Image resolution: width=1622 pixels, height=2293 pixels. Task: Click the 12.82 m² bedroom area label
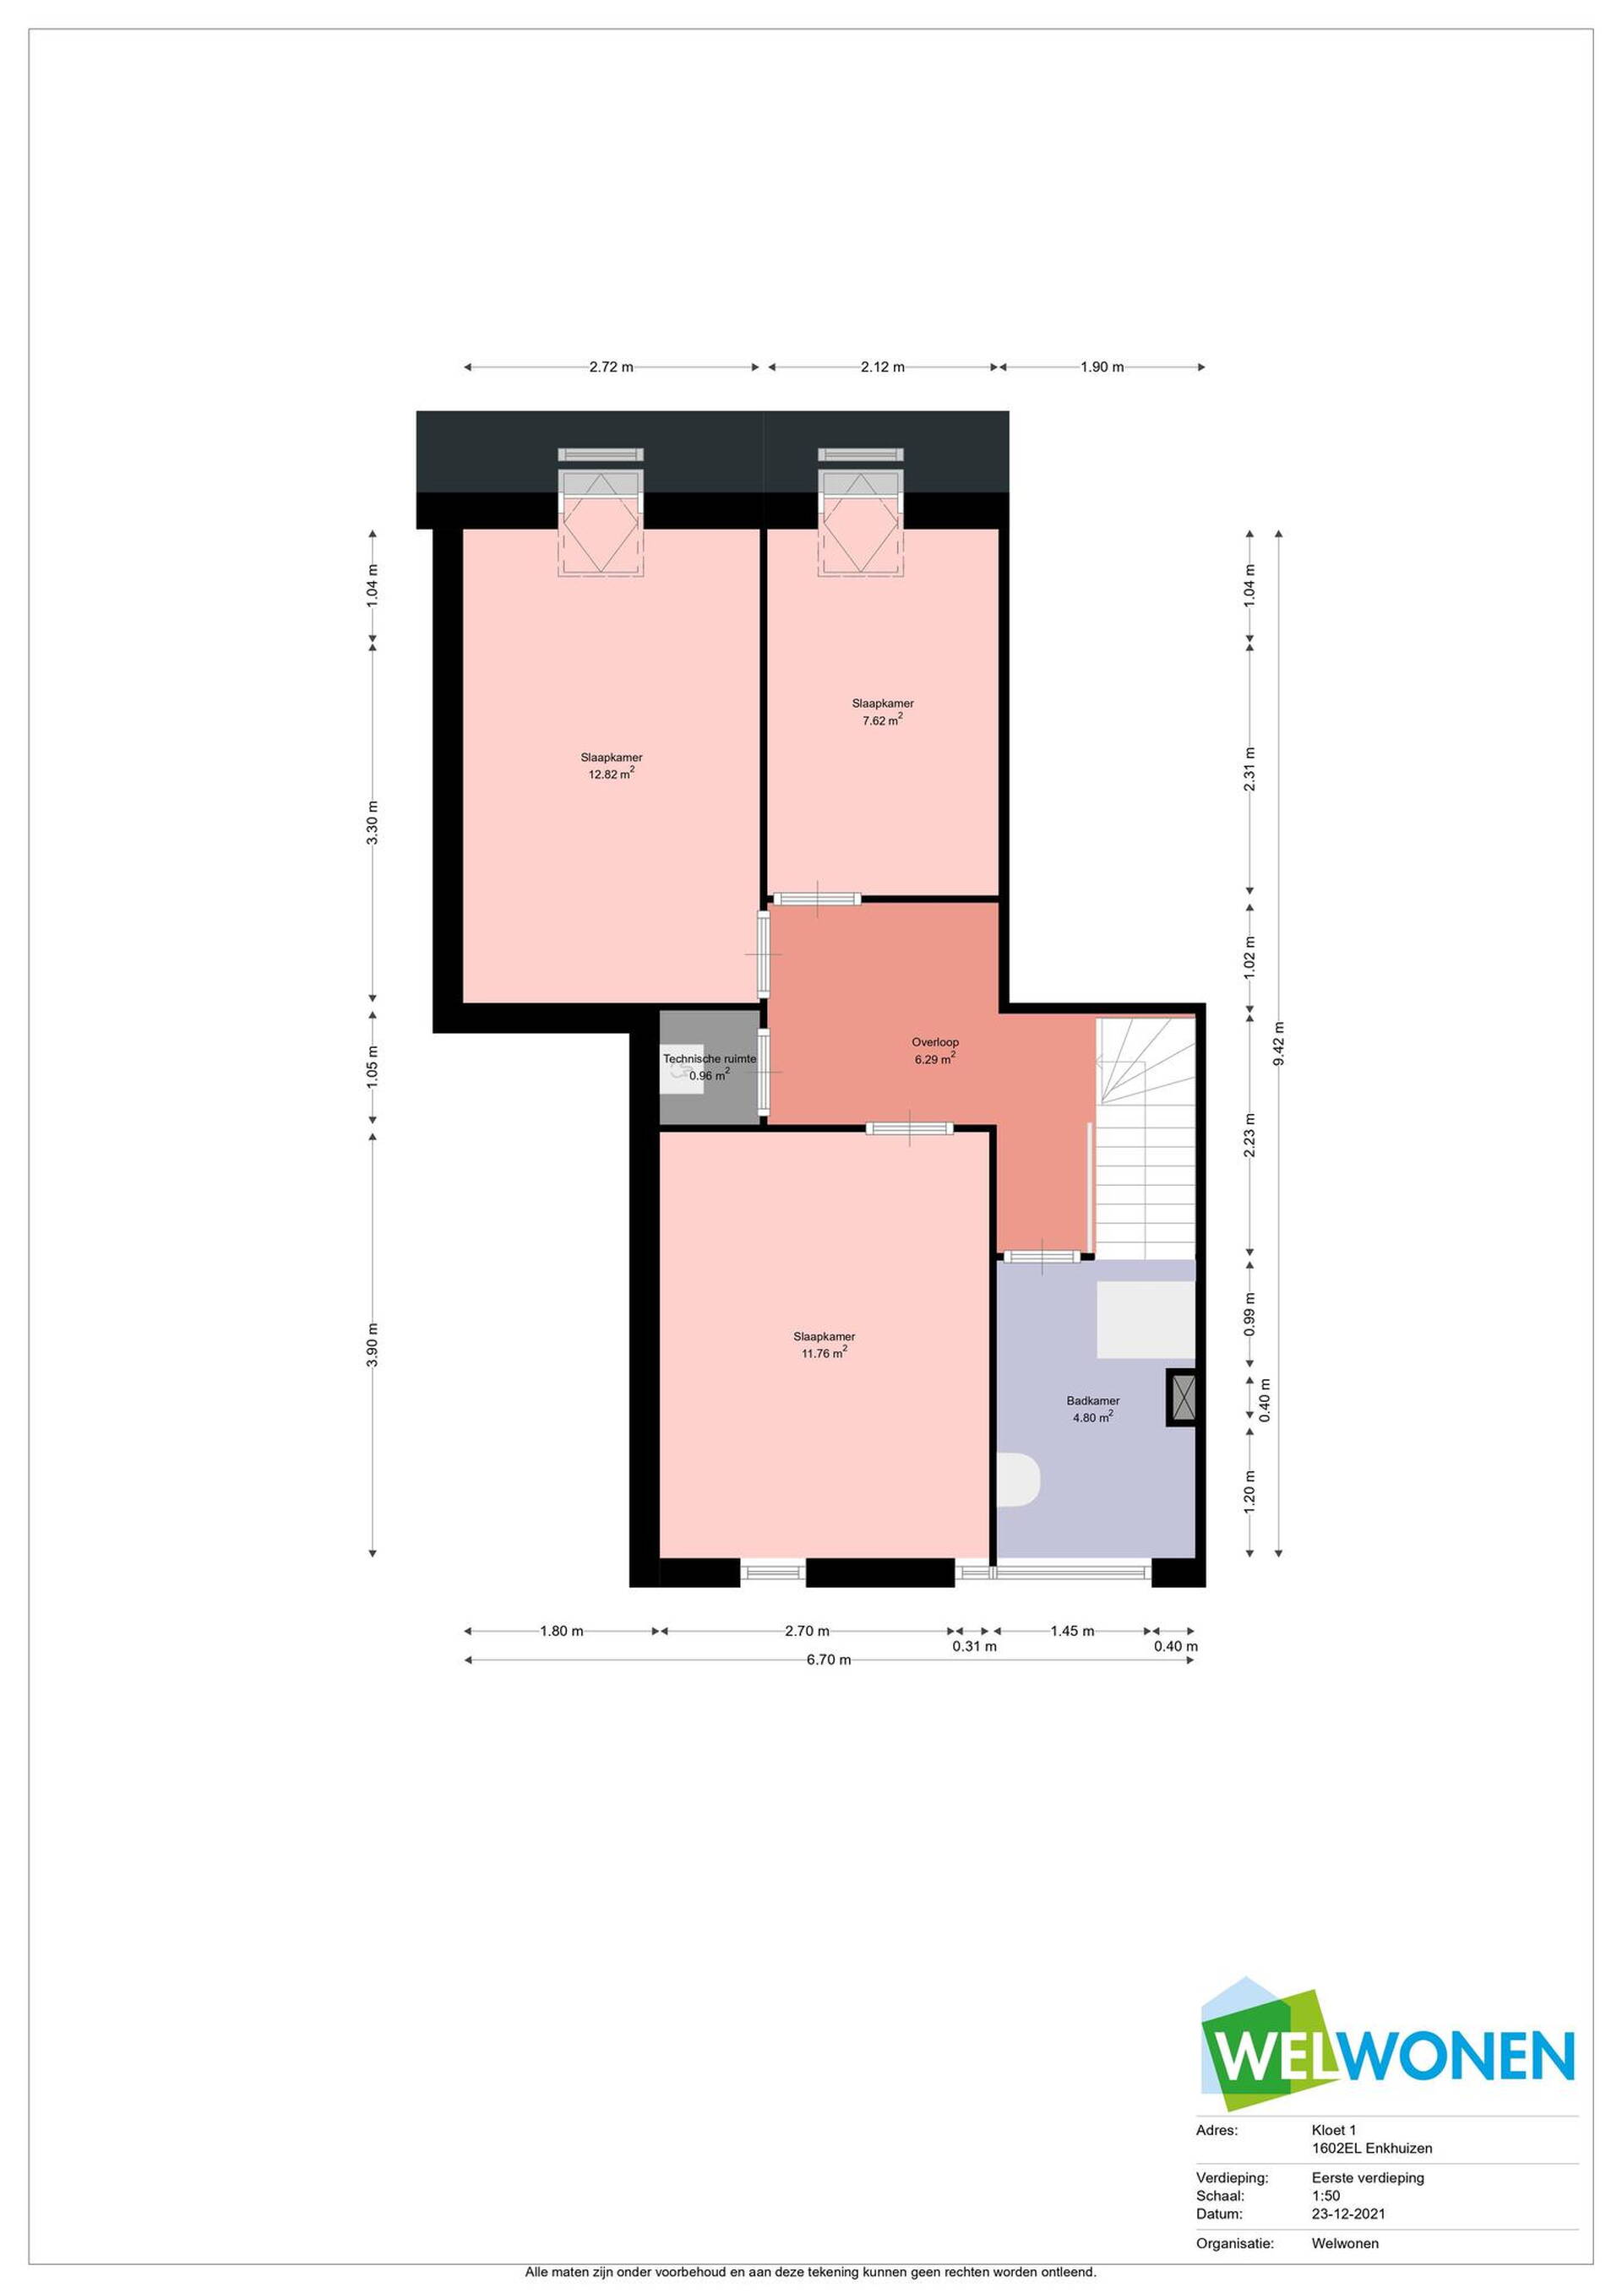click(612, 765)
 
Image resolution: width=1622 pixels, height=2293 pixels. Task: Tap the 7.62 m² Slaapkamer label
click(883, 711)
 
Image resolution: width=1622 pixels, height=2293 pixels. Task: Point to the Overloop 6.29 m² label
click(935, 1050)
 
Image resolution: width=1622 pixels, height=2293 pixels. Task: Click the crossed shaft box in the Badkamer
click(1182, 1396)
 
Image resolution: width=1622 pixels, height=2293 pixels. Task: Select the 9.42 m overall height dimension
click(1278, 1043)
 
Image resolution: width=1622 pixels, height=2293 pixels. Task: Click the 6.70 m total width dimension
click(829, 1660)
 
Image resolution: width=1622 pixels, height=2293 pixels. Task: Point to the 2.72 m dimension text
click(612, 367)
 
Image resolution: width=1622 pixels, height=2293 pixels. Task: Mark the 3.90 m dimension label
click(373, 1345)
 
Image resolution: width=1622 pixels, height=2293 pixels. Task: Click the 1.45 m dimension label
click(1072, 1631)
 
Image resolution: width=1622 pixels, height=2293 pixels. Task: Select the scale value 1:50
click(1325, 2196)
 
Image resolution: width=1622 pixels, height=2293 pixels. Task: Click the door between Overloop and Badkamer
click(1042, 1255)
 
